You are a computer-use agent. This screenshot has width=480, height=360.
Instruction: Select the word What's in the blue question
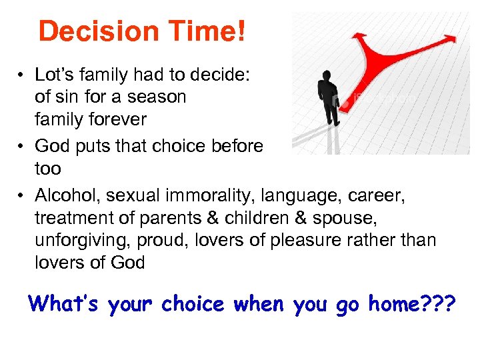(61, 304)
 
